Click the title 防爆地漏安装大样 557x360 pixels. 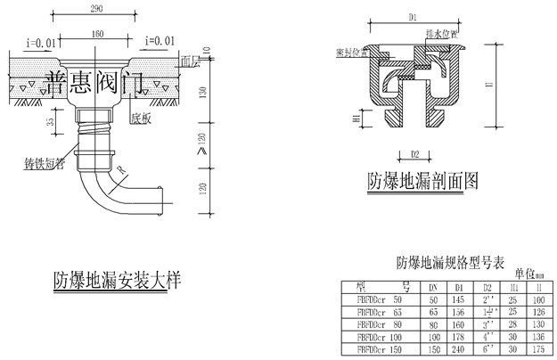point(116,281)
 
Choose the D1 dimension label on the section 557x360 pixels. point(413,17)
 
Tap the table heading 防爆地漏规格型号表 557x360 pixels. point(450,263)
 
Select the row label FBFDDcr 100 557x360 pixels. point(380,338)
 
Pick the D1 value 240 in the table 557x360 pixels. point(460,349)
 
